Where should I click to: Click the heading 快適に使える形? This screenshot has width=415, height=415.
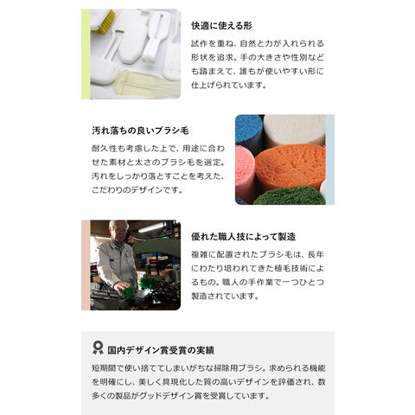click(x=221, y=26)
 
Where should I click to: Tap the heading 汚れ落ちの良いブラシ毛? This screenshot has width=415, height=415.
click(x=140, y=131)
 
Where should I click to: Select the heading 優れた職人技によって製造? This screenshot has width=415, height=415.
click(x=244, y=237)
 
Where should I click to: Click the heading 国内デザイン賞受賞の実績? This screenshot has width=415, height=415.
click(x=161, y=350)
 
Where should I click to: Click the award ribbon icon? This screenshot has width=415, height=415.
click(x=98, y=348)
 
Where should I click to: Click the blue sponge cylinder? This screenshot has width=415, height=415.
click(x=248, y=130)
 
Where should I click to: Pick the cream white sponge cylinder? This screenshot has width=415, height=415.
click(x=295, y=130)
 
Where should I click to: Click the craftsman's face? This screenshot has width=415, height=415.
click(x=119, y=232)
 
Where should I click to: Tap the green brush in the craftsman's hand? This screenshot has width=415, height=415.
click(x=128, y=291)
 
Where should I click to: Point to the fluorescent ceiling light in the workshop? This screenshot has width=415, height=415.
click(x=152, y=227)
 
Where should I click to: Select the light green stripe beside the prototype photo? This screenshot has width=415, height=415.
click(x=86, y=54)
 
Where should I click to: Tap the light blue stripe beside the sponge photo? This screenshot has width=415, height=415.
click(x=330, y=160)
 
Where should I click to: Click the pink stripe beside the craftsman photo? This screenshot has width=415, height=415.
click(x=86, y=265)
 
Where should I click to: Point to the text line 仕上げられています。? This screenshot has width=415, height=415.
click(x=228, y=85)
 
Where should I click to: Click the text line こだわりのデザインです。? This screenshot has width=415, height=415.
click(x=137, y=190)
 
